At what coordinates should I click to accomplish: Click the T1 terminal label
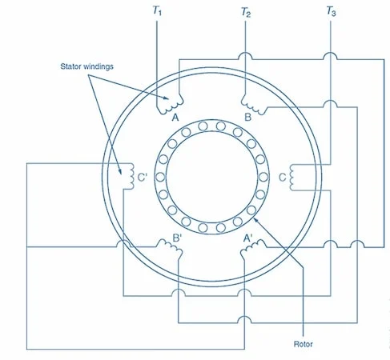click(x=157, y=11)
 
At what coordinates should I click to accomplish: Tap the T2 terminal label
click(x=246, y=12)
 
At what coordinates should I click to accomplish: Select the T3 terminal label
click(x=331, y=11)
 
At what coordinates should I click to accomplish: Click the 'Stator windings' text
click(x=86, y=66)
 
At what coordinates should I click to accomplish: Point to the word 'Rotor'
click(x=303, y=344)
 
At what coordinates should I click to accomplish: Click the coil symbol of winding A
click(x=170, y=105)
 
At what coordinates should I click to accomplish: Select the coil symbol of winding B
click(x=254, y=105)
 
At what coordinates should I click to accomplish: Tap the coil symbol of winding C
click(x=291, y=177)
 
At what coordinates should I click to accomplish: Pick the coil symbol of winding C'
click(x=131, y=176)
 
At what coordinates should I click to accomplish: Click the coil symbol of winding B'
click(x=170, y=246)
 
